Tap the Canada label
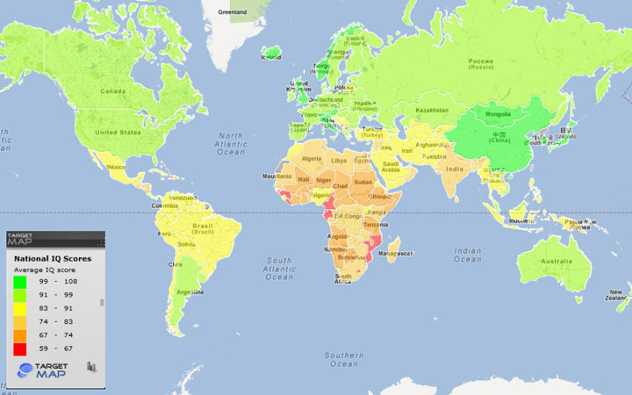pos(112,90)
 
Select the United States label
pos(118,132)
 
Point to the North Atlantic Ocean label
pos(231,144)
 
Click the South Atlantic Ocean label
pos(279,269)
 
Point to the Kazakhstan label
pos(432,111)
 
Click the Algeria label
pos(313,158)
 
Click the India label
pos(454,169)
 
